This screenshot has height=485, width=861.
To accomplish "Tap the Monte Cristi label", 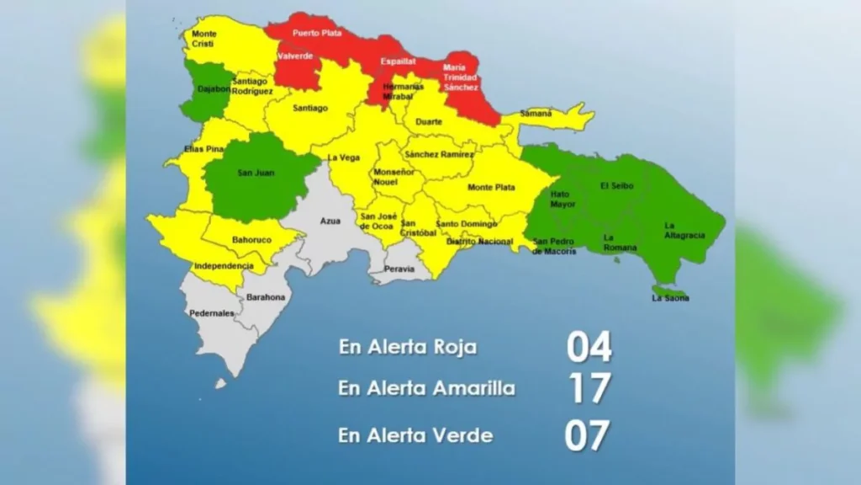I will (x=203, y=39).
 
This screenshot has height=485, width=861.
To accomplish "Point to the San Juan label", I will (x=256, y=173).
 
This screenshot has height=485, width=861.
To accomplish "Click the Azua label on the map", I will (x=330, y=221).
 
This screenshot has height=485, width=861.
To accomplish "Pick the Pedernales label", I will (x=212, y=313).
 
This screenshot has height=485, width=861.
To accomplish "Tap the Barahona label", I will (x=266, y=297).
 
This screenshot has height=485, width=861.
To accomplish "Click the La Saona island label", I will (x=670, y=298).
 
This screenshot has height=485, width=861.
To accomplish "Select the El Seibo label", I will (x=616, y=185).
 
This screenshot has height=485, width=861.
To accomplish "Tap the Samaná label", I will (x=536, y=113).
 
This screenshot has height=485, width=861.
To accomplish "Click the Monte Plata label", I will (x=491, y=187).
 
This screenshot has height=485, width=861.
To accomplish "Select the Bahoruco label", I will (x=251, y=240).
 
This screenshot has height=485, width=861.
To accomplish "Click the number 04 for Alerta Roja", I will (x=589, y=346).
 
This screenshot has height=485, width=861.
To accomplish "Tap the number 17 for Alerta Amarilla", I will (x=589, y=389).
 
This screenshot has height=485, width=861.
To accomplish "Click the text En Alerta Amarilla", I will (x=426, y=389).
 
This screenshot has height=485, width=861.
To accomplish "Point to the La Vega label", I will (x=343, y=157).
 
